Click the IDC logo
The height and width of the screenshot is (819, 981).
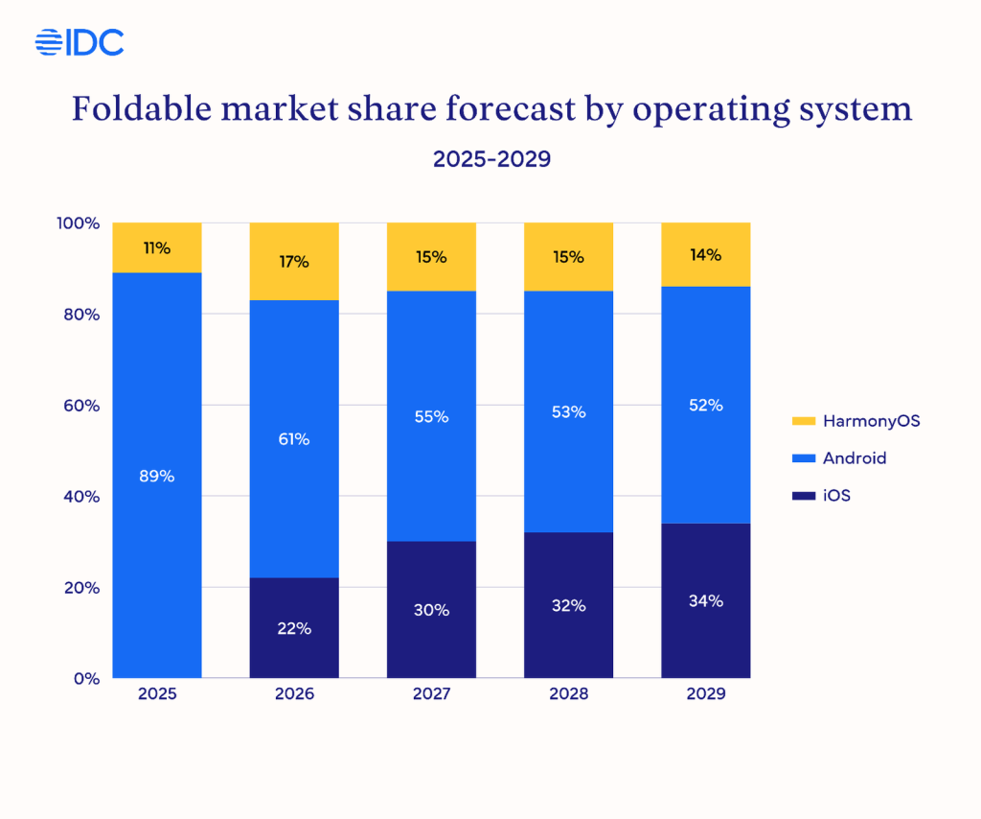click(80, 41)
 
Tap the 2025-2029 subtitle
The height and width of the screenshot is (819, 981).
click(491, 159)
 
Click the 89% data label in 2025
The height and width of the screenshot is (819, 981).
click(157, 476)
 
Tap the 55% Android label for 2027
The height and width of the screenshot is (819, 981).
click(431, 417)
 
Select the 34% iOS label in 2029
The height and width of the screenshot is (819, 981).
click(706, 601)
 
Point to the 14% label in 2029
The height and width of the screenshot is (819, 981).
click(706, 255)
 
